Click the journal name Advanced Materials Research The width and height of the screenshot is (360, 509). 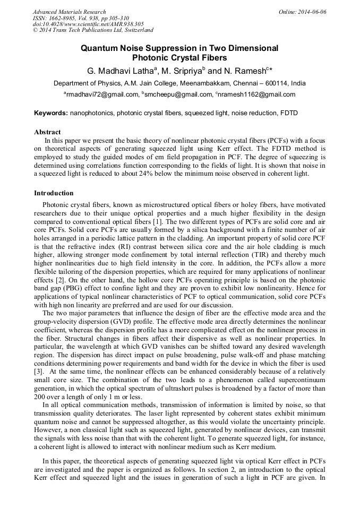tap(69, 12)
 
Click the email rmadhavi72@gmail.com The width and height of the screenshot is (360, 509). tap(102, 94)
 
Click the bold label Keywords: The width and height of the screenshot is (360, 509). tap(51, 113)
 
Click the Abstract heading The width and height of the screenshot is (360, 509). tap(47, 132)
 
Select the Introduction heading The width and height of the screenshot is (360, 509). tap(54, 193)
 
